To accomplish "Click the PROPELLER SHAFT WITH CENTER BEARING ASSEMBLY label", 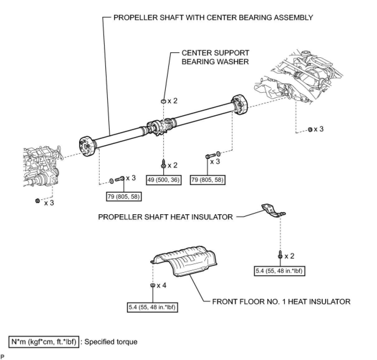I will pyautogui.click(x=213, y=17).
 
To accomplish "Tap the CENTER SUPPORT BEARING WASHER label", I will pyautogui.click(x=215, y=57).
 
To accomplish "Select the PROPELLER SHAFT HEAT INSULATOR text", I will pyautogui.click(x=165, y=217).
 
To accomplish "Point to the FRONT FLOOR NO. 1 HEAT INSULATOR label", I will pyautogui.click(x=281, y=301).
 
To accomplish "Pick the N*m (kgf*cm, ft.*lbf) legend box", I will pyautogui.click(x=44, y=342).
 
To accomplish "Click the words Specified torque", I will pyautogui.click(x=111, y=342).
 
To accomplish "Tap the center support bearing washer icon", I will pyautogui.click(x=163, y=101).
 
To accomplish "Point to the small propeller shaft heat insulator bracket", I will pyautogui.click(x=272, y=211).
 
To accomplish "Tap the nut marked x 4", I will pyautogui.click(x=153, y=286).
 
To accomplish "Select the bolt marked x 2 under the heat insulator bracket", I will pyautogui.click(x=280, y=255).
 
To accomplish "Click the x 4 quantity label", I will pyautogui.click(x=162, y=285).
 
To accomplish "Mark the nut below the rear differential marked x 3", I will pyautogui.click(x=310, y=130).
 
